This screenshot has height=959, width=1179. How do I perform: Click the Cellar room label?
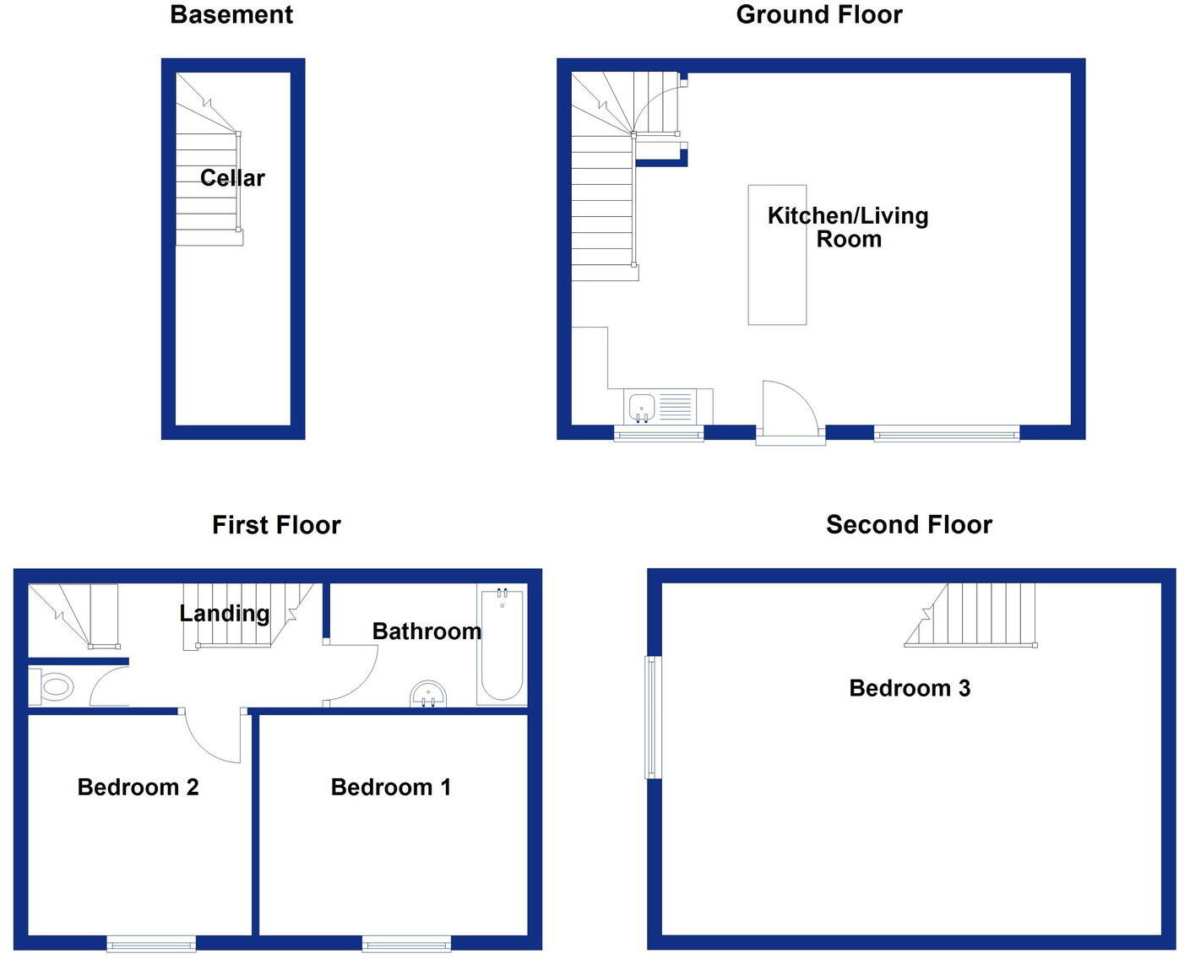click(x=232, y=178)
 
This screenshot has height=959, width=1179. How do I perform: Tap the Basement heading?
click(x=231, y=14)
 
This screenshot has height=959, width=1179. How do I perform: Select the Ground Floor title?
click(x=818, y=14)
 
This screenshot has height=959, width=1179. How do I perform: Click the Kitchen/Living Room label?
click(x=848, y=227)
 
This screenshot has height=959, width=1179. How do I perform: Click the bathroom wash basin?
click(x=428, y=696)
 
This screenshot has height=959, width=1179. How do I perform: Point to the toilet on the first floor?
click(x=55, y=686)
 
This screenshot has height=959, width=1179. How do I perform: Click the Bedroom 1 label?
click(x=391, y=788)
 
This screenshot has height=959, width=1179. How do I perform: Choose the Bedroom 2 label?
click(x=138, y=788)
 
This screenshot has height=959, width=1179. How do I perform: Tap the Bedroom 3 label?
click(x=910, y=688)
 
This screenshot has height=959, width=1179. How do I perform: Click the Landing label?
click(x=225, y=613)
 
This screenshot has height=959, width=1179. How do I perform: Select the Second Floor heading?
click(x=909, y=524)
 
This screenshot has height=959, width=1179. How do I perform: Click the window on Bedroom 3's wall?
click(x=652, y=717)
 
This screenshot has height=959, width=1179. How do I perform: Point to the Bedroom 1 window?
click(x=406, y=943)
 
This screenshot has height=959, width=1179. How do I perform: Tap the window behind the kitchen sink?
click(x=659, y=434)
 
